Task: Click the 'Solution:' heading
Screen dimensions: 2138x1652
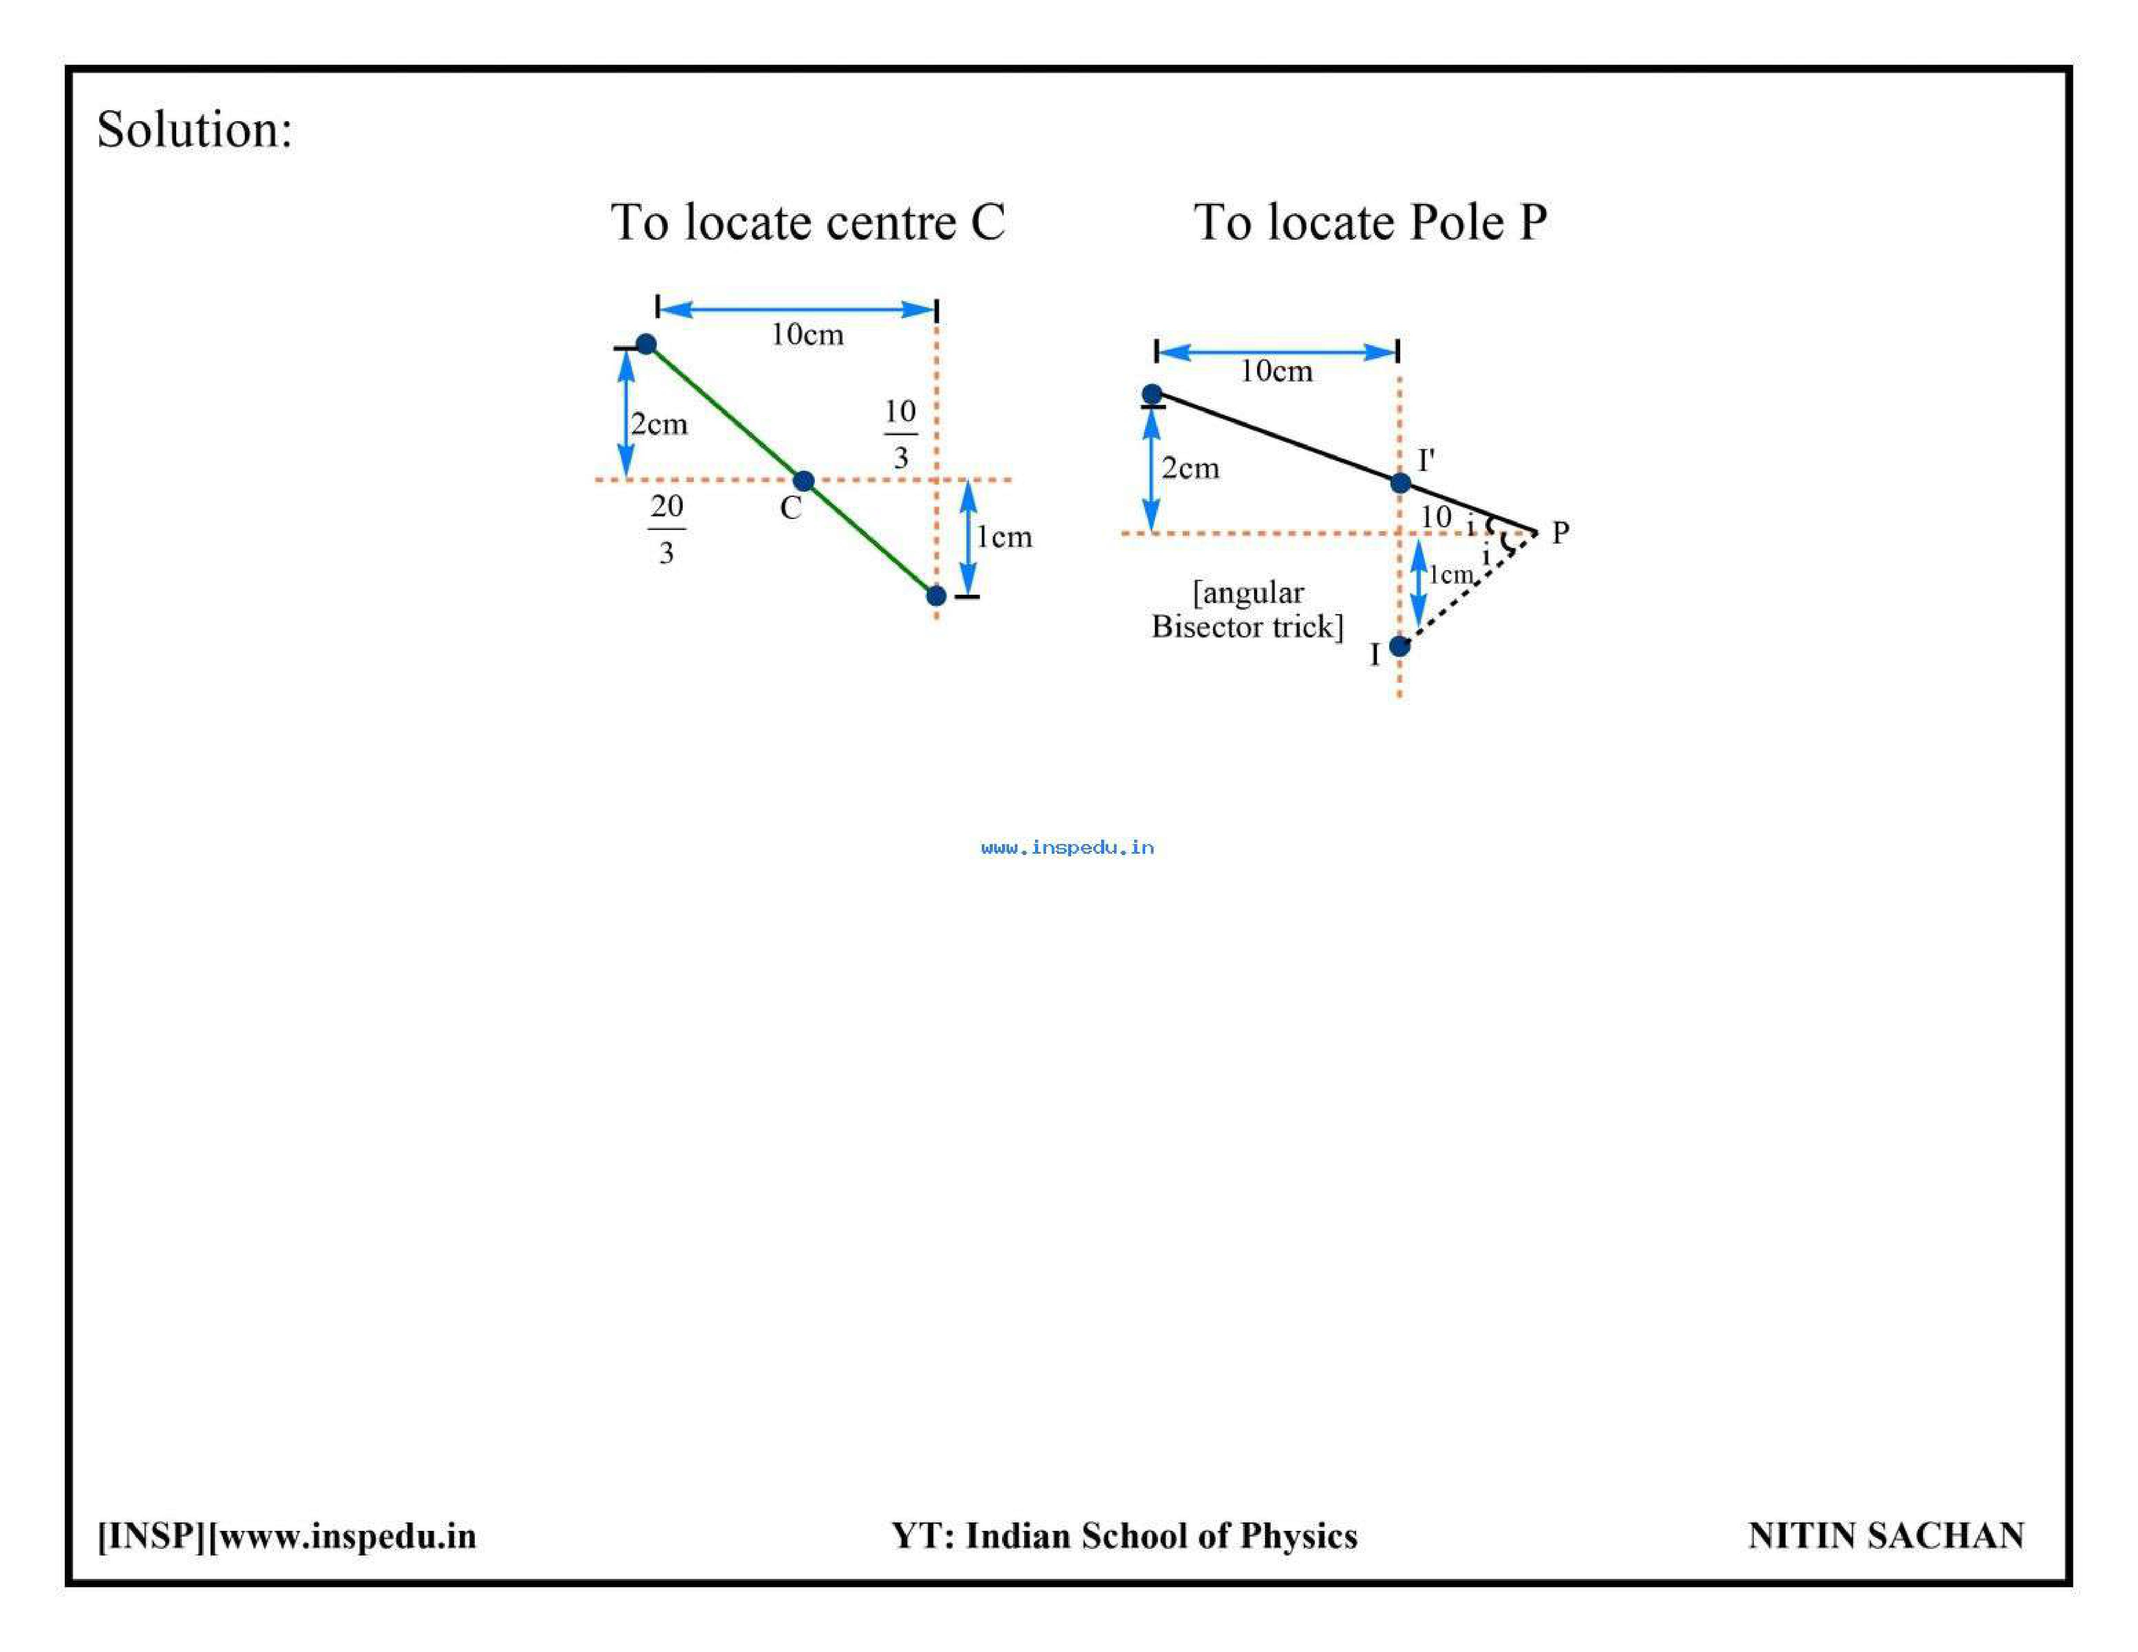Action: [x=195, y=129]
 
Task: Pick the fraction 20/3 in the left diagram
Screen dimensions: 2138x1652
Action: [x=667, y=529]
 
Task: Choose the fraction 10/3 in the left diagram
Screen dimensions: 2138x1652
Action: [x=901, y=434]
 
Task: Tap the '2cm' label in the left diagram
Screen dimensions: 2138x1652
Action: [x=659, y=424]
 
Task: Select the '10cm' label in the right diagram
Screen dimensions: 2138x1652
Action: [x=1276, y=371]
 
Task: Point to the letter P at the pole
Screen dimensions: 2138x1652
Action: [x=1561, y=533]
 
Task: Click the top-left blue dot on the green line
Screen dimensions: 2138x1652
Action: [x=646, y=344]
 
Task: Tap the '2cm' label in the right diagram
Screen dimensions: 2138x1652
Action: [x=1191, y=468]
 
